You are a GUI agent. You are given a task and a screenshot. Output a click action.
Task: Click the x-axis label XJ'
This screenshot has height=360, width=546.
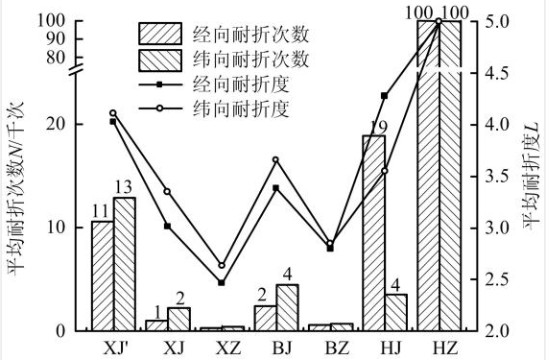(x=114, y=346)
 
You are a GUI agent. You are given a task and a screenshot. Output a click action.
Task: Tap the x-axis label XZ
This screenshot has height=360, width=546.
(x=222, y=346)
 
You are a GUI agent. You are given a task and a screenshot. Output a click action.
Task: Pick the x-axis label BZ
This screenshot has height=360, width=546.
(x=329, y=346)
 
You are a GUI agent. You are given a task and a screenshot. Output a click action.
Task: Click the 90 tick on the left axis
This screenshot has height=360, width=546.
(x=57, y=38)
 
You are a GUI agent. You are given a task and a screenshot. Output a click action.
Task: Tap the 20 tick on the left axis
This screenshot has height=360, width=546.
(x=57, y=125)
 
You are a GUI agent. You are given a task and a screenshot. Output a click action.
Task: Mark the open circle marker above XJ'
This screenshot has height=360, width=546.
(x=113, y=113)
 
